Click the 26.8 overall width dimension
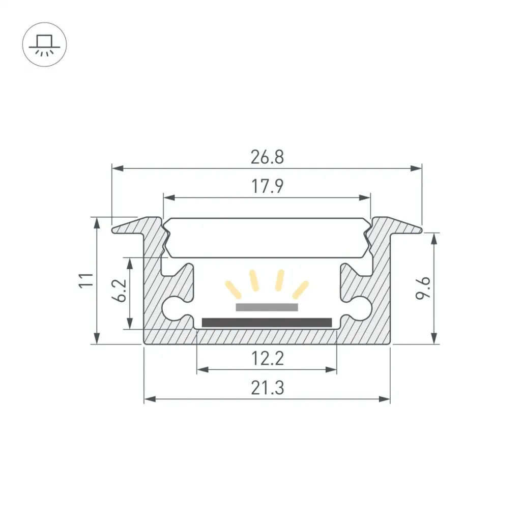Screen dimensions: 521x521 tap(267, 157)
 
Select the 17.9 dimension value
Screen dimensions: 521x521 tap(267, 186)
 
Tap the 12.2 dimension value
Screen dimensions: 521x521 tap(268, 359)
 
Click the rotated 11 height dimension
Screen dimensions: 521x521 tap(86, 280)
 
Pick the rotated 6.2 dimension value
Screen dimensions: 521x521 tap(119, 290)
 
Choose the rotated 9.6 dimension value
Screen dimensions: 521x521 tap(423, 288)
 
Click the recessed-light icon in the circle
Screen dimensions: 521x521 tap(45, 45)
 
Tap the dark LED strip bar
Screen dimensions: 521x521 tap(267, 322)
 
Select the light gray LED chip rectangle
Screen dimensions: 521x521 tap(267, 307)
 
